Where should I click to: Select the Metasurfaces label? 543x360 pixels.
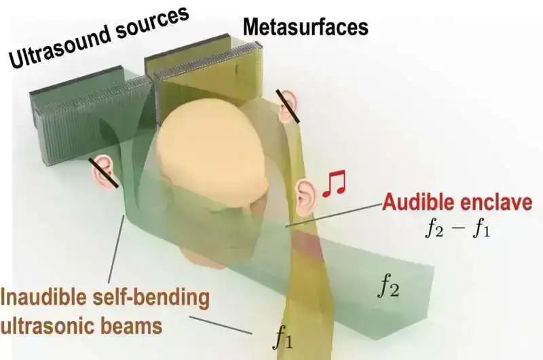pos(305,26)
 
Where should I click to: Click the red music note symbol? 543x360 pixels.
pos(334,183)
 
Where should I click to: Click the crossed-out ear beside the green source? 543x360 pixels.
pos(104,173)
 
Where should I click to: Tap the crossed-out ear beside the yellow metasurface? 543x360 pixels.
pos(288,106)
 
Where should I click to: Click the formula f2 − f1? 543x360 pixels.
pos(457,228)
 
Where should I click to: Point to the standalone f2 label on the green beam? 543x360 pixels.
pos(388,287)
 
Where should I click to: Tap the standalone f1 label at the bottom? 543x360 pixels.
pos(283,337)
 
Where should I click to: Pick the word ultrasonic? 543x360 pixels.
pos(48,325)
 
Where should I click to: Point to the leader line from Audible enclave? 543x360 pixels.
pos(333,215)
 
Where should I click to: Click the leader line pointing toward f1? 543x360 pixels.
pos(221,325)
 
